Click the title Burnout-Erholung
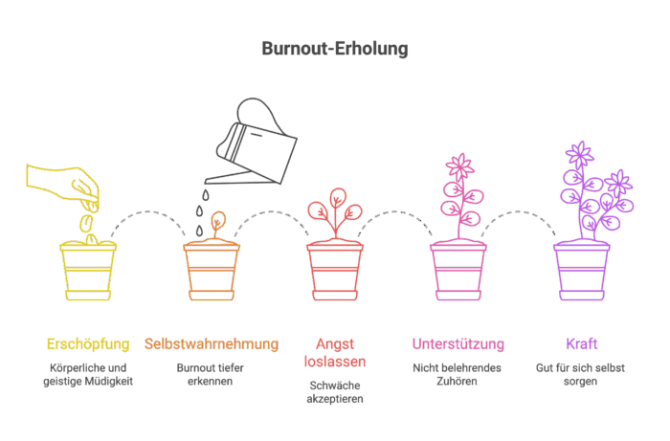point(334,49)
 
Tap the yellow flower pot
point(88,272)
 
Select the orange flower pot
point(212,272)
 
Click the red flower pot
point(335,272)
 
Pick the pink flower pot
point(458,272)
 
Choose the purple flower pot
point(582,272)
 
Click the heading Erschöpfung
point(88,343)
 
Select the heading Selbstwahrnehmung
point(212,343)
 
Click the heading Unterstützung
point(458,343)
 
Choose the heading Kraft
point(582,343)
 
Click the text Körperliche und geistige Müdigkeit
point(88,374)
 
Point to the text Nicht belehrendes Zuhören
point(458,374)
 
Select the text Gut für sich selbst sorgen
point(582,374)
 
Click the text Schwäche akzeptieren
point(335,393)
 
